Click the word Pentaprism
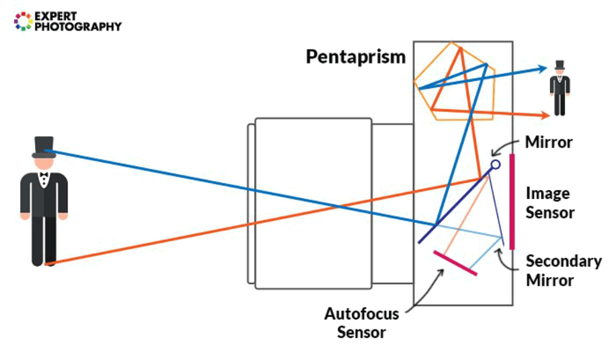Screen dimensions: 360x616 point(356,56)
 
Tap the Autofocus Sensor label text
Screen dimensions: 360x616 point(361,323)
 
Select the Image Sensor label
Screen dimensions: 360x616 point(550,203)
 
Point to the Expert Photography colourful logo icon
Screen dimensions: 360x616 point(23,21)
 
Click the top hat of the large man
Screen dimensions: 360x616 point(44,146)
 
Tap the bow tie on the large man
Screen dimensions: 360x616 point(44,176)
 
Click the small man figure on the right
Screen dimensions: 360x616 point(560,88)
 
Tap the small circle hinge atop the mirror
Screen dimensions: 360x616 point(495,165)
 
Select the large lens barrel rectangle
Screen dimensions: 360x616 point(313,203)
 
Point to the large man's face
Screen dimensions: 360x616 point(44,163)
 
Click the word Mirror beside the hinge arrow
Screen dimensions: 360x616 point(548,142)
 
